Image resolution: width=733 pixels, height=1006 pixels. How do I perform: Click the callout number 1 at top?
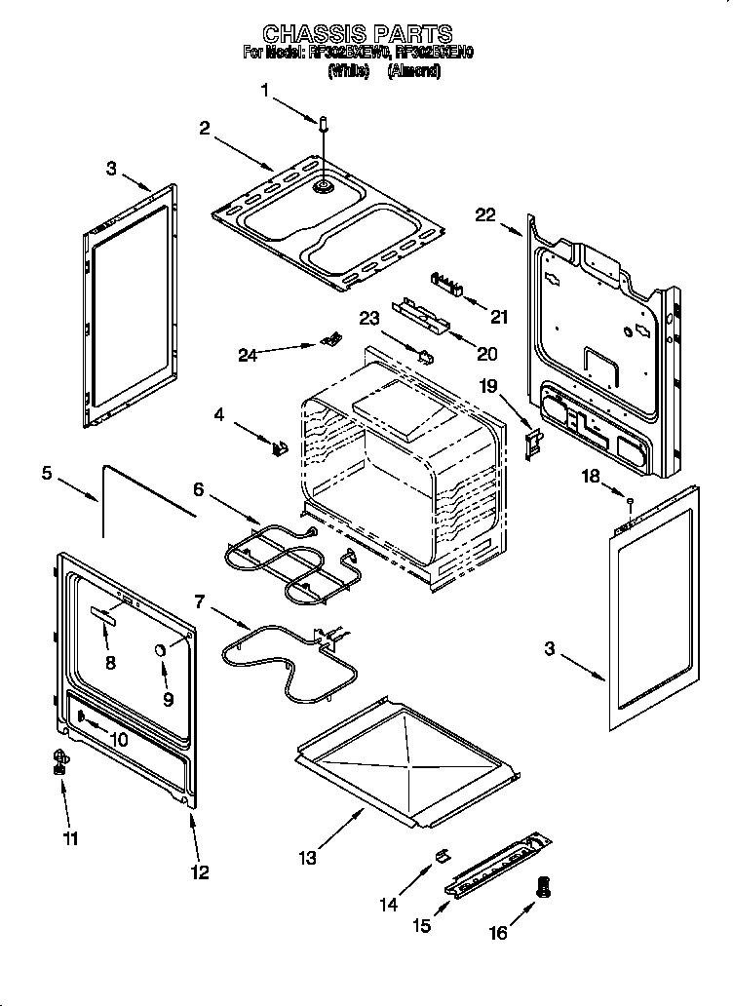pyautogui.click(x=264, y=91)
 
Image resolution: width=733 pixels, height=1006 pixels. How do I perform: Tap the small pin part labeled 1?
pyautogui.click(x=324, y=124)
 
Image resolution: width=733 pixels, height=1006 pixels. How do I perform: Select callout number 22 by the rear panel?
pyautogui.click(x=485, y=215)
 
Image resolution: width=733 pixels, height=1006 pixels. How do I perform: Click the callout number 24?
pyautogui.click(x=249, y=355)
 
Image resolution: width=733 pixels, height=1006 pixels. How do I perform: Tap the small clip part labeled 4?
pyautogui.click(x=281, y=447)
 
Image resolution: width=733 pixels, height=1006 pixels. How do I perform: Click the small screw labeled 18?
pyautogui.click(x=631, y=502)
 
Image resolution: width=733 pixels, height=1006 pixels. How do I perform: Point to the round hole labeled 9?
pyautogui.click(x=160, y=651)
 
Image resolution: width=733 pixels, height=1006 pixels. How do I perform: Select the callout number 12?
pyautogui.click(x=199, y=872)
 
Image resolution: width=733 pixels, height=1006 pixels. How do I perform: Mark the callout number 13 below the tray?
pyautogui.click(x=308, y=858)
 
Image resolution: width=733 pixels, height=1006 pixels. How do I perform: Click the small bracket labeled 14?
pyautogui.click(x=440, y=855)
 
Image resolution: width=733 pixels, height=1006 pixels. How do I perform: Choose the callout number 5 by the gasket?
pyautogui.click(x=48, y=474)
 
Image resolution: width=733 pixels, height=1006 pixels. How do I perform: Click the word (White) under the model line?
pyautogui.click(x=349, y=70)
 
